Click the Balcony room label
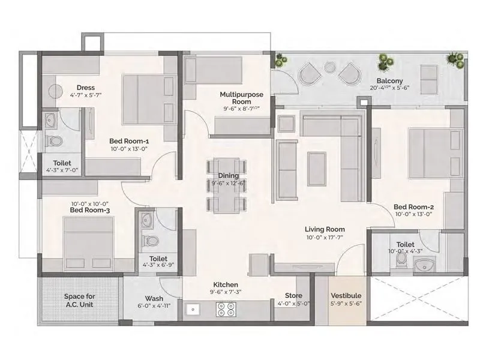tap(389, 81)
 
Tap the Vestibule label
tap(346, 296)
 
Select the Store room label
tap(293, 295)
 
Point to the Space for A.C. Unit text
tap(79, 300)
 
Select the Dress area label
tap(82, 88)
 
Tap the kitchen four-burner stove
tap(225, 309)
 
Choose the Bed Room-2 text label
tap(413, 208)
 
